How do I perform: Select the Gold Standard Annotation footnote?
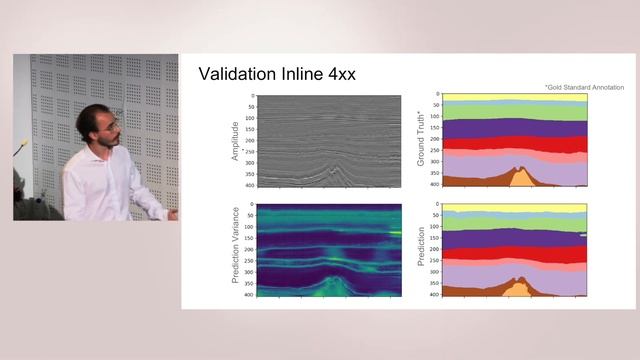(x=585, y=88)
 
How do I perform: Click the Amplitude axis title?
(x=235, y=141)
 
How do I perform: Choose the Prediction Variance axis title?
(x=235, y=250)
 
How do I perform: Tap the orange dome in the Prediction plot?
(x=518, y=289)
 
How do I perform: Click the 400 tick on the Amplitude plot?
(x=250, y=186)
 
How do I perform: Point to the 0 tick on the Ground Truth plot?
(x=438, y=95)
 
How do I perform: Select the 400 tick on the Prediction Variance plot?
(x=250, y=296)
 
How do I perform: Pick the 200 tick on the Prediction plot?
(x=435, y=250)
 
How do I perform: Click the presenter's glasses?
(x=112, y=125)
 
